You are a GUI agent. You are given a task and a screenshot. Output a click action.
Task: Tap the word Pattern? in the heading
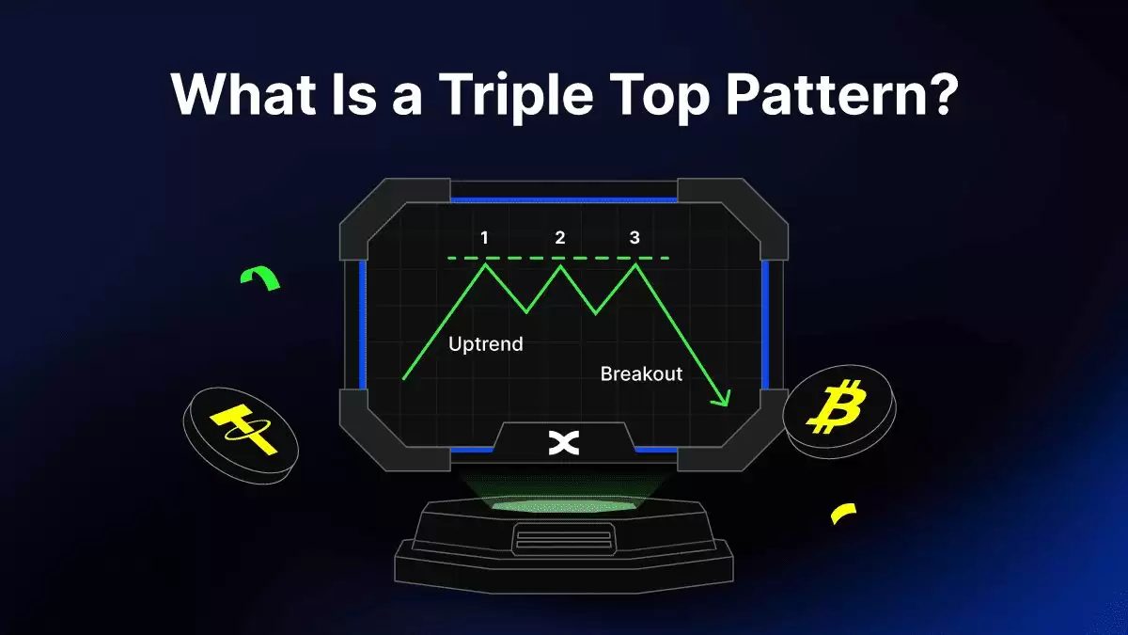841,95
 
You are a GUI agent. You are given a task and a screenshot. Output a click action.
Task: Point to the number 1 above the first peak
484,237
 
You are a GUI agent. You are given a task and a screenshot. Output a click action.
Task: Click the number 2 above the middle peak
560,237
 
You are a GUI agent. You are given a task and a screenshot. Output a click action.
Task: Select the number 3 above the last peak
634,237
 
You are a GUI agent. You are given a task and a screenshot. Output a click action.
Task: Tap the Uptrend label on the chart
486,344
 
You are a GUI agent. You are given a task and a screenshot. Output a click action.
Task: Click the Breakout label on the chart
641,373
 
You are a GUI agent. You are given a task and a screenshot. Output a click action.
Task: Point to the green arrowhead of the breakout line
723,398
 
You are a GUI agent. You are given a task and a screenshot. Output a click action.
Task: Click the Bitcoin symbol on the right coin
837,406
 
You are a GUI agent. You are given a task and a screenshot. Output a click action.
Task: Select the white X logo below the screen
563,443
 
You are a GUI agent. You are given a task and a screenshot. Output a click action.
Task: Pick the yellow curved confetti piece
842,512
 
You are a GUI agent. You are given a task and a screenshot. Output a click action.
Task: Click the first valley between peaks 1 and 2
526,312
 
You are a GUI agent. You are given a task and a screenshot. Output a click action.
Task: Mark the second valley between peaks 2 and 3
596,313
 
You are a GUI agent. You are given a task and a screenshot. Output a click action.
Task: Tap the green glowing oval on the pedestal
563,506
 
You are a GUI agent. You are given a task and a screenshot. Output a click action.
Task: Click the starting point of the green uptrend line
403,378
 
